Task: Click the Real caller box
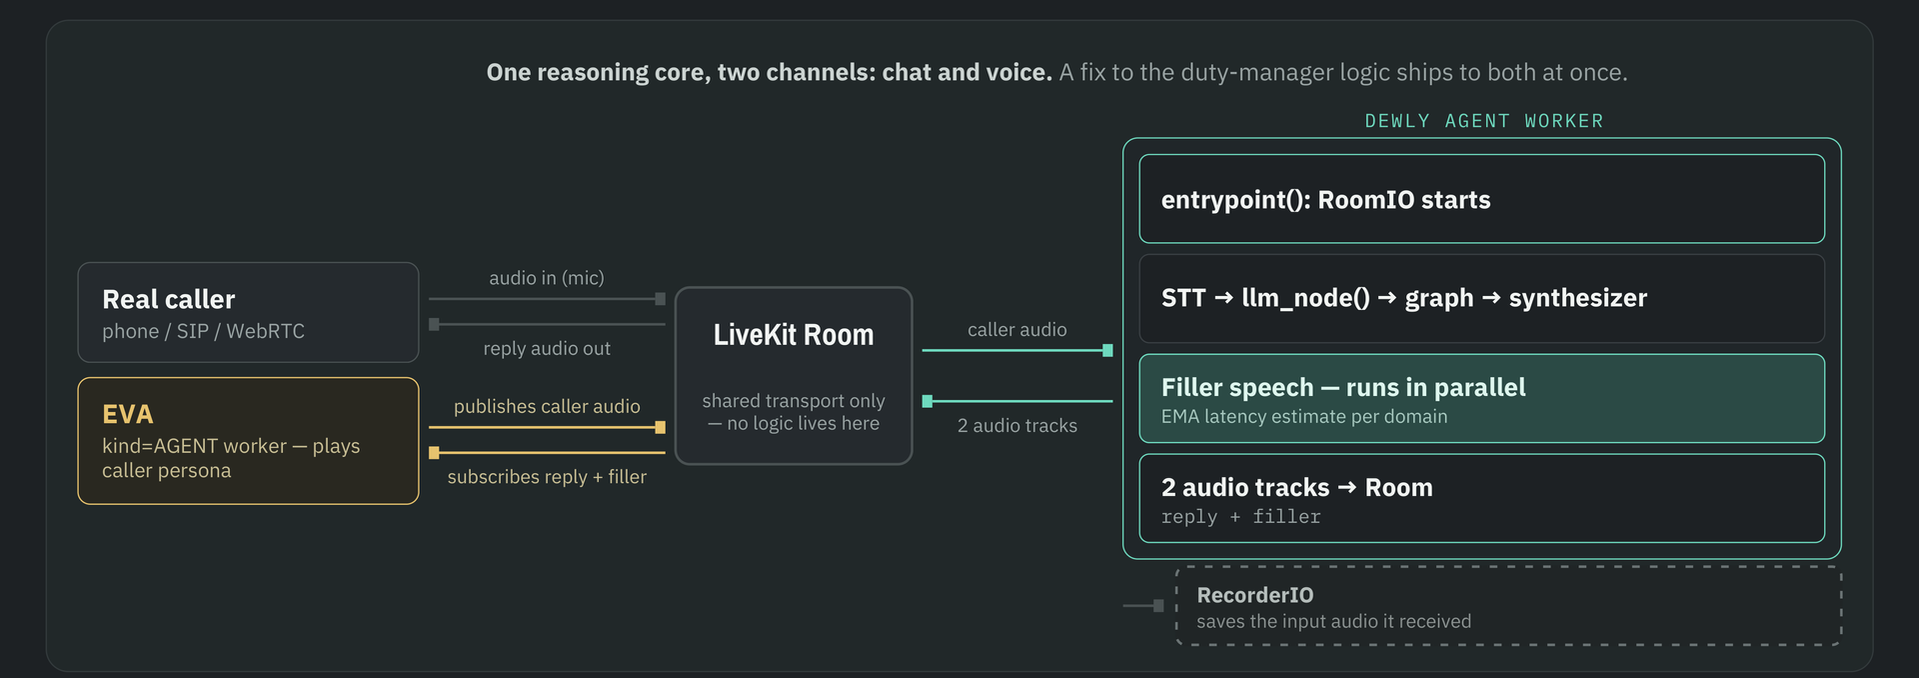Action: (248, 312)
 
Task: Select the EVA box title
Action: (128, 414)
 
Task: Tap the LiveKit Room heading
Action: (794, 335)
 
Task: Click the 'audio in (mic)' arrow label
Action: (547, 278)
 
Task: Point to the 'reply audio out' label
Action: (547, 348)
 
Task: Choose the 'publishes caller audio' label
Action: (547, 406)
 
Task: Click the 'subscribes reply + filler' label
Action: (547, 477)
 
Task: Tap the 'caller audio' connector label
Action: (1017, 330)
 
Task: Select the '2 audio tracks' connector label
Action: (1017, 426)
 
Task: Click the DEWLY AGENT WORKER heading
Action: (1484, 121)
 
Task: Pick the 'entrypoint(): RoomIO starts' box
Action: (1482, 199)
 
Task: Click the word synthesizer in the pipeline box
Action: (1578, 298)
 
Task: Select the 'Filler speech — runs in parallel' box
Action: (1482, 398)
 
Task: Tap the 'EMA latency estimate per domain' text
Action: (1304, 417)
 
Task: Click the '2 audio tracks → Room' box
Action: (1482, 498)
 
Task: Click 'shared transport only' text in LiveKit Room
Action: (794, 401)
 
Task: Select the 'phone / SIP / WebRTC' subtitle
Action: (203, 331)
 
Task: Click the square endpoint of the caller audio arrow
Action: (1107, 350)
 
